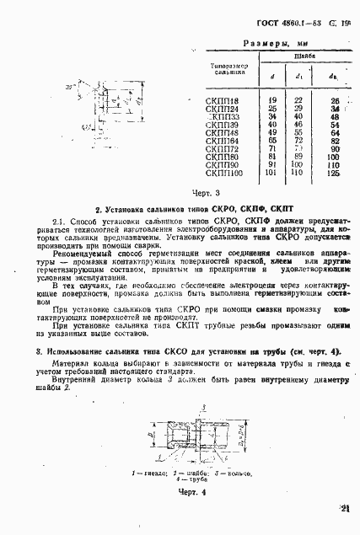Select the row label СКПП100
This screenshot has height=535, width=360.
224,174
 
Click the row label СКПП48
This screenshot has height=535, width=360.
222,132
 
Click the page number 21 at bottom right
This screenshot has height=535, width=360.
346,508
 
